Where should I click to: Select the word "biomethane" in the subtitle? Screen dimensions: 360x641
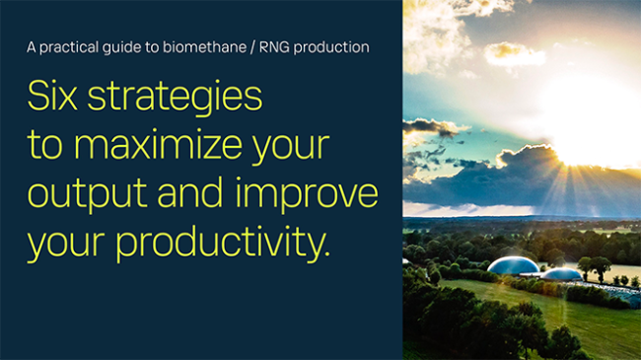(x=200, y=46)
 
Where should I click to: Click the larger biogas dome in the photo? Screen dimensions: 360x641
(x=513, y=266)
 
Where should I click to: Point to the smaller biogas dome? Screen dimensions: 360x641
(x=561, y=273)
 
